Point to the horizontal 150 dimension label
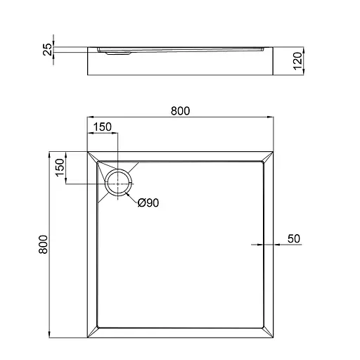(x=103, y=127)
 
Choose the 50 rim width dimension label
(x=294, y=238)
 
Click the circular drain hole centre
(x=117, y=184)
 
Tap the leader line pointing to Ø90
(x=131, y=196)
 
